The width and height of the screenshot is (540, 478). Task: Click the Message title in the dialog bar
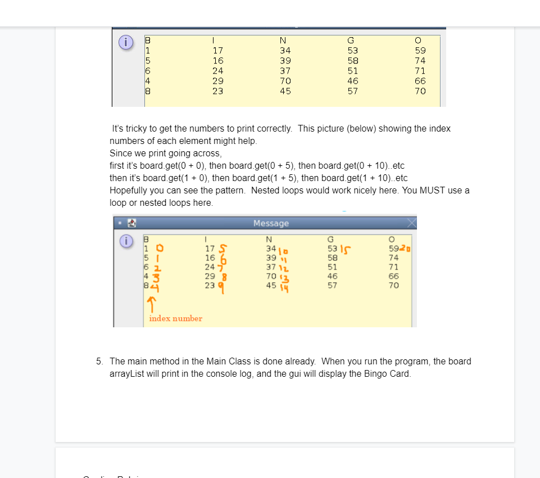point(271,223)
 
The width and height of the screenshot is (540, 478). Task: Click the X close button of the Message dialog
point(412,223)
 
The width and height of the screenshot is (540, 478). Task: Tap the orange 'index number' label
point(175,318)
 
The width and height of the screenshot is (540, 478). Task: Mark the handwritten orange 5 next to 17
point(223,249)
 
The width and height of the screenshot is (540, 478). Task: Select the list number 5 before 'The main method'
point(98,361)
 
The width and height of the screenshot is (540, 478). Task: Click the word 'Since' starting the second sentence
point(120,153)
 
